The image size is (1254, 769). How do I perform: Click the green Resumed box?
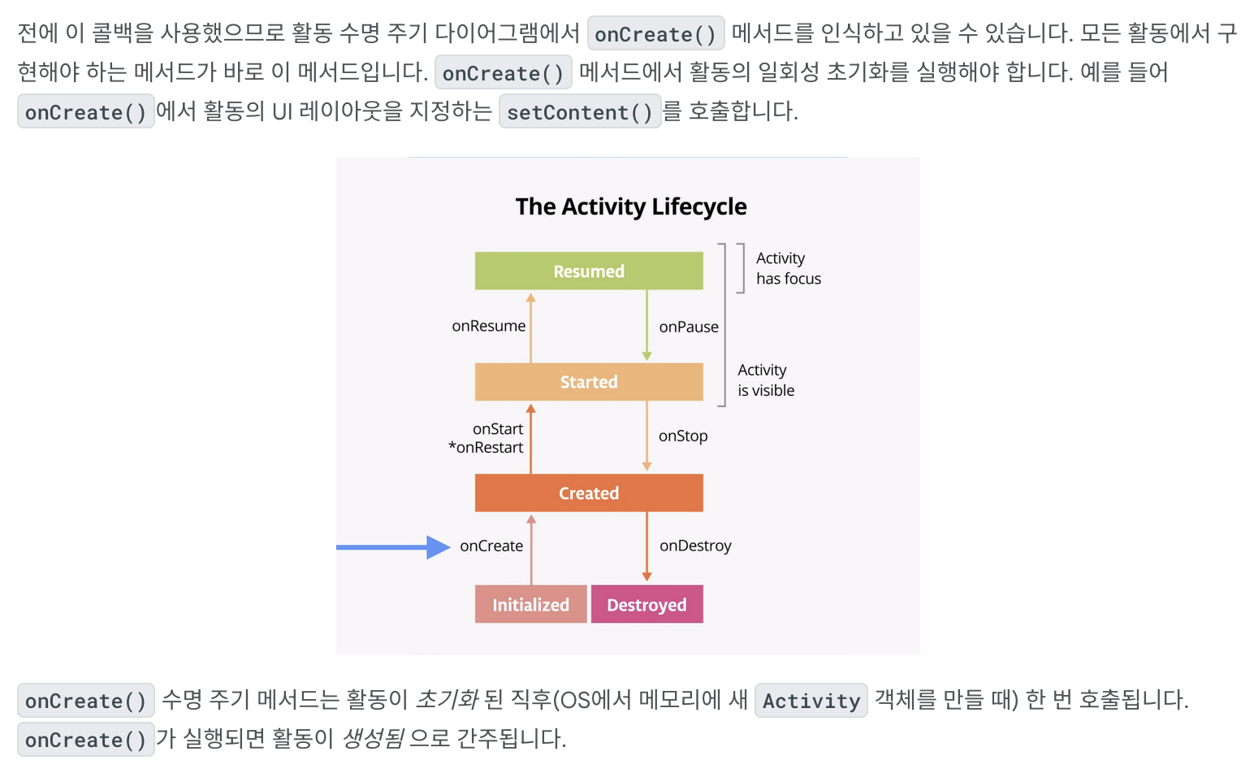click(x=589, y=271)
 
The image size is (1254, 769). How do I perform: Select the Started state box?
click(x=589, y=382)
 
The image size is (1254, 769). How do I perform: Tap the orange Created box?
click(x=589, y=493)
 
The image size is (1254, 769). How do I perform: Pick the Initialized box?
click(x=530, y=605)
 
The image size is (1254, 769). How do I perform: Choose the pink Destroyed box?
click(x=646, y=605)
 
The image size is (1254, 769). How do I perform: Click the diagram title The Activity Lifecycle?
click(x=631, y=206)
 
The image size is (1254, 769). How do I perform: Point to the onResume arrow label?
click(x=488, y=326)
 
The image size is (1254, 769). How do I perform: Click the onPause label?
click(x=689, y=327)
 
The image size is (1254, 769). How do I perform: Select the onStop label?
click(x=683, y=437)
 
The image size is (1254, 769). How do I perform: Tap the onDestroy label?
click(x=695, y=546)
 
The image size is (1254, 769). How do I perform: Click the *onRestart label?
click(x=486, y=448)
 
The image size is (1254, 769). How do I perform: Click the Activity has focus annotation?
click(x=788, y=268)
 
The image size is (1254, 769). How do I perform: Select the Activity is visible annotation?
click(x=766, y=380)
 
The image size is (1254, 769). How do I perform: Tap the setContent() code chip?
click(x=580, y=112)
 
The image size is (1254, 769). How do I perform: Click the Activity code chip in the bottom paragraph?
click(x=811, y=701)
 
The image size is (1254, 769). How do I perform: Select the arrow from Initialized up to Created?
click(x=531, y=550)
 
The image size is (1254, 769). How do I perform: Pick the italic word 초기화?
click(x=446, y=699)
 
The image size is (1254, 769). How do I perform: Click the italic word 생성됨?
click(x=373, y=738)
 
